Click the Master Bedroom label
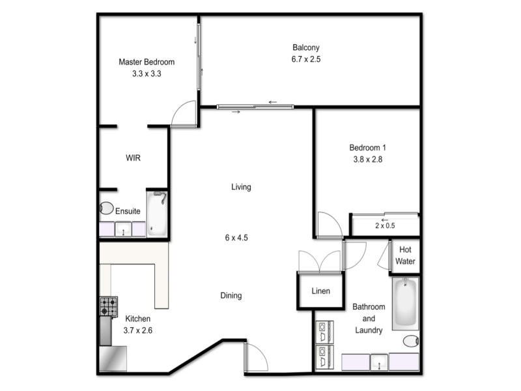[147, 62]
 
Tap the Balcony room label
[306, 47]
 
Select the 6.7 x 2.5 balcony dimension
[306, 59]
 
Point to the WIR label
[134, 158]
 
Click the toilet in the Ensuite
[106, 209]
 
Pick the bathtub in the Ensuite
[158, 213]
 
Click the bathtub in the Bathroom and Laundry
[405, 303]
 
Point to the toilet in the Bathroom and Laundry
[411, 341]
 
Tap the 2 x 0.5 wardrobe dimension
[385, 225]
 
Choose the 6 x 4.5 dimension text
[237, 238]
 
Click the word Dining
[231, 295]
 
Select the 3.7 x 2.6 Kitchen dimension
[138, 330]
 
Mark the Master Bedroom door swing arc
[184, 114]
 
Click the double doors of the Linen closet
[320, 261]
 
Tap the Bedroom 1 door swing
[329, 225]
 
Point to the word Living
[241, 187]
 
